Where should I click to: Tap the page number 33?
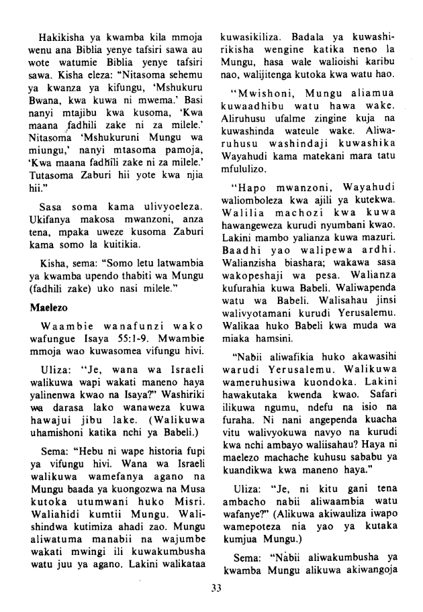click(x=216, y=589)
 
